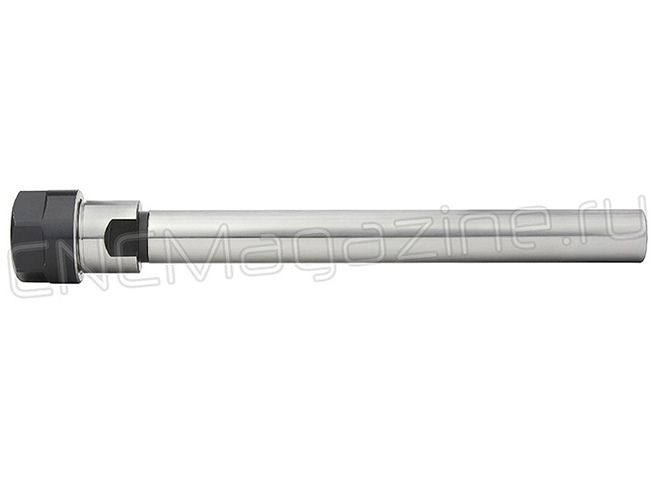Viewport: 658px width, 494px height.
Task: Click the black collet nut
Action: click(x=45, y=236)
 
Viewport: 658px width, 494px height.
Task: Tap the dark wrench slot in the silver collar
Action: click(x=119, y=237)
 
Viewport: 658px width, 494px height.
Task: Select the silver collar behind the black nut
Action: click(x=110, y=237)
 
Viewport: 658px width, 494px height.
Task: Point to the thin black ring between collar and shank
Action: click(x=146, y=237)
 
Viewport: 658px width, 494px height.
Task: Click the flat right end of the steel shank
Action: click(x=642, y=237)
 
